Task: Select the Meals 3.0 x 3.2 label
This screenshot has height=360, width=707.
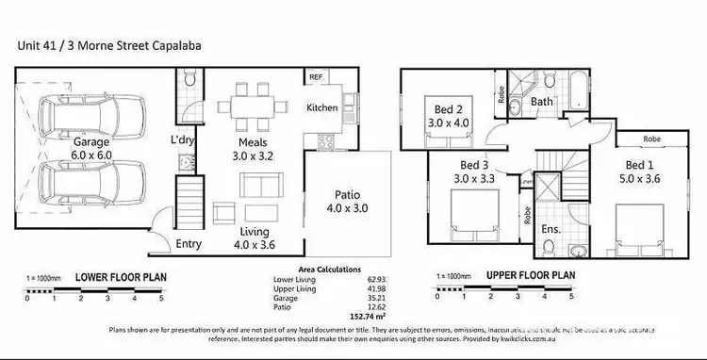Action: click(253, 150)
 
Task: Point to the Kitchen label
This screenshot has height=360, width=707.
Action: click(321, 107)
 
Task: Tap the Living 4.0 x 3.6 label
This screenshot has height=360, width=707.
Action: click(255, 237)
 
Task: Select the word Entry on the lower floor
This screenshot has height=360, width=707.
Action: click(189, 244)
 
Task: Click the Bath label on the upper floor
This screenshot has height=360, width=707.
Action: click(541, 101)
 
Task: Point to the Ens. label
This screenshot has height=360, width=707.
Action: click(552, 229)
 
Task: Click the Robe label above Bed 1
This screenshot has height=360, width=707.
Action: click(651, 139)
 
